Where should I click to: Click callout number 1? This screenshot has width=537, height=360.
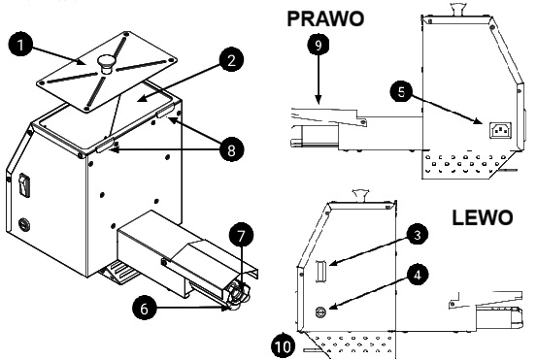click(x=20, y=44)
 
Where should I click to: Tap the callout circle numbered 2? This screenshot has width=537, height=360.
click(x=231, y=60)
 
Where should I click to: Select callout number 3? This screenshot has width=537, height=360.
click(x=418, y=235)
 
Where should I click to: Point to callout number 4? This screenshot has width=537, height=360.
click(x=418, y=275)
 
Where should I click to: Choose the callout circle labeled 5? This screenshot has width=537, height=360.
click(x=401, y=92)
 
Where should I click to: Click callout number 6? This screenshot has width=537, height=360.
click(x=144, y=309)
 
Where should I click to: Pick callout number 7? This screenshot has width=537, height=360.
click(x=241, y=236)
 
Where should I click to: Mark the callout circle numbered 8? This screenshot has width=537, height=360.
click(x=231, y=149)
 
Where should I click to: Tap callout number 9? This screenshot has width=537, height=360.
click(x=319, y=45)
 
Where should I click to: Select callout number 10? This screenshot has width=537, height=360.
click(x=284, y=346)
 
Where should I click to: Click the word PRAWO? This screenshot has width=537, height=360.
click(x=325, y=18)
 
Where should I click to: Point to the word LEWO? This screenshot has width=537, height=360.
click(x=483, y=217)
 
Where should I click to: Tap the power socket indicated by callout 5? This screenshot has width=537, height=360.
click(x=500, y=130)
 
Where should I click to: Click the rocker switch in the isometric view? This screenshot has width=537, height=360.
click(x=23, y=184)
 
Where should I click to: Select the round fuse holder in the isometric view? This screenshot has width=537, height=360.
click(x=23, y=224)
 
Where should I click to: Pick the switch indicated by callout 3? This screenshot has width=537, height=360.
click(x=320, y=272)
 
